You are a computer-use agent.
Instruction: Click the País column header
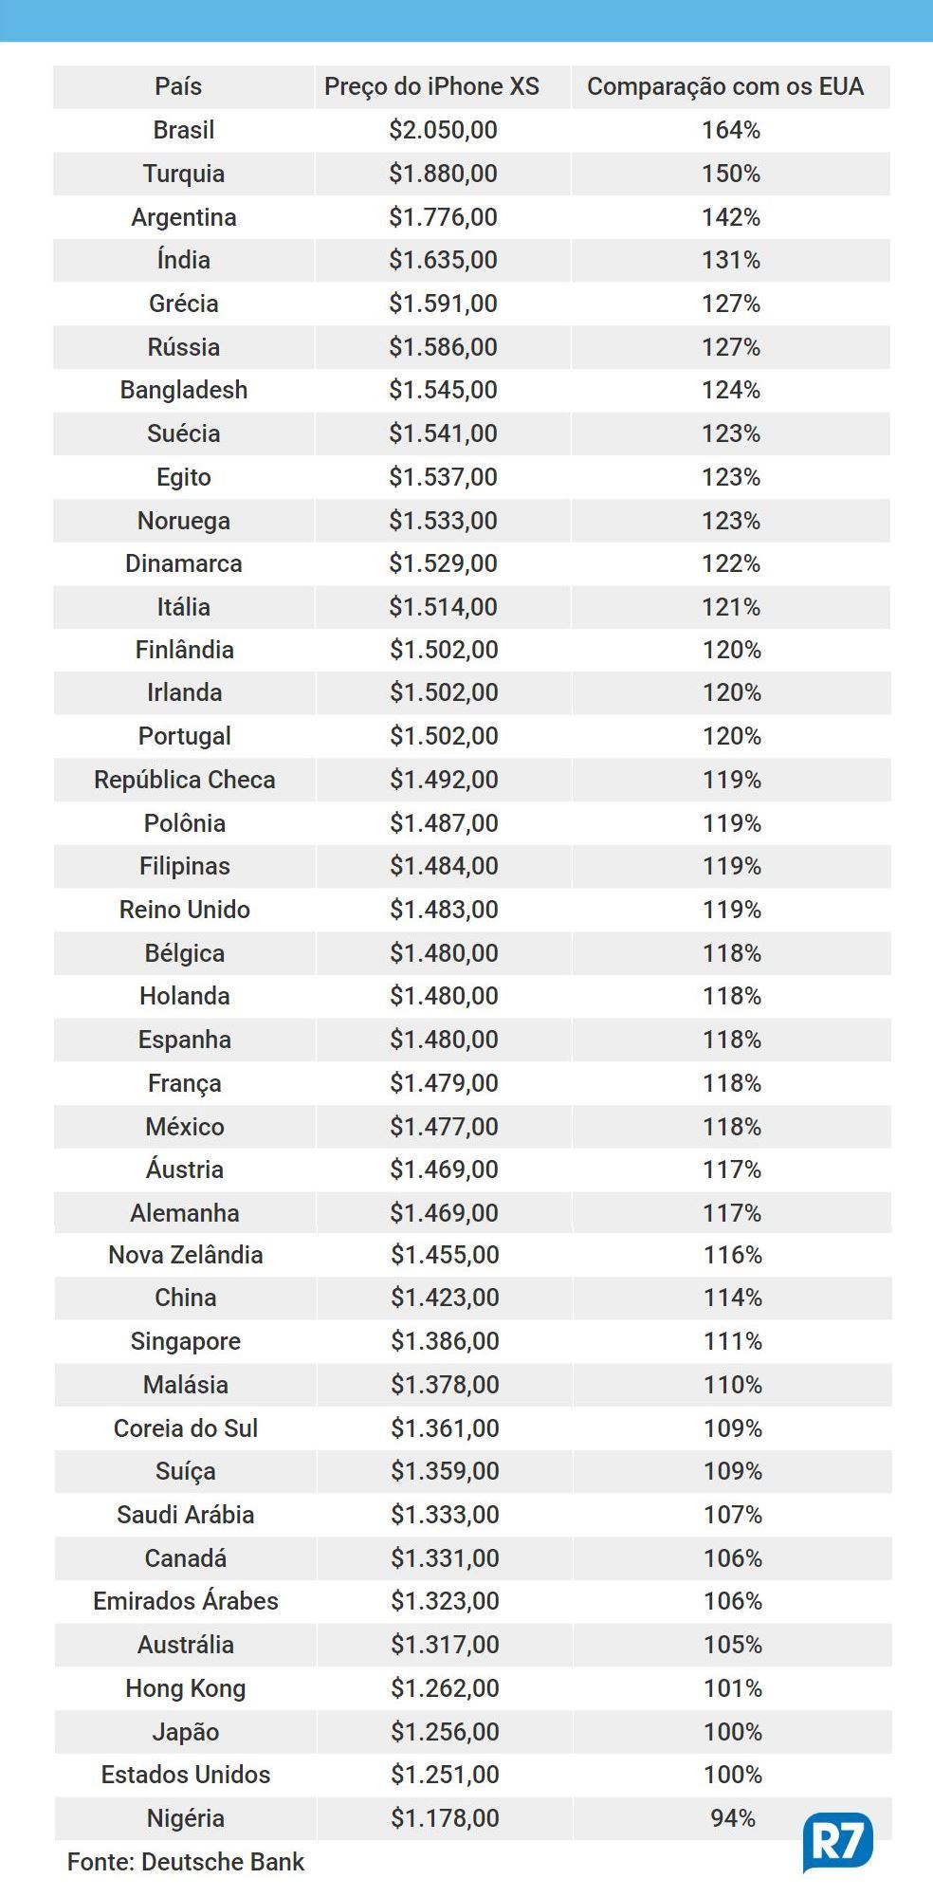pyautogui.click(x=178, y=86)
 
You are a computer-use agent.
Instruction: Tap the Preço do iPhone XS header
pyautogui.click(x=431, y=86)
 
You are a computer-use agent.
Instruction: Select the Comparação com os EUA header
pyautogui.click(x=725, y=86)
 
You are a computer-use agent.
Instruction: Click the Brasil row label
pyautogui.click(x=184, y=130)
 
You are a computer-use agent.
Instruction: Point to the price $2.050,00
pyautogui.click(x=443, y=130)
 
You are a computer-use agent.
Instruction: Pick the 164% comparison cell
pyautogui.click(x=731, y=130)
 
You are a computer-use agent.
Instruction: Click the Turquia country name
pyautogui.click(x=184, y=174)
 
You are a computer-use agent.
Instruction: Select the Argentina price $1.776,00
pyautogui.click(x=443, y=217)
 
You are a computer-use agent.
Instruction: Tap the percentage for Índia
pyautogui.click(x=731, y=260)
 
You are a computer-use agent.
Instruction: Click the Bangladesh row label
pyautogui.click(x=184, y=390)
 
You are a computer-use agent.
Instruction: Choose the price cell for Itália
pyautogui.click(x=443, y=607)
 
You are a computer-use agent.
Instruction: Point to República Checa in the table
pyautogui.click(x=185, y=780)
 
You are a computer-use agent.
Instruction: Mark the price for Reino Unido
pyautogui.click(x=444, y=910)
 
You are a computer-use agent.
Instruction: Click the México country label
pyautogui.click(x=185, y=1127)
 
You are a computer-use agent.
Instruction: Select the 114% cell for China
pyautogui.click(x=732, y=1298)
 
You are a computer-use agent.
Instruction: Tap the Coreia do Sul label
pyautogui.click(x=186, y=1428)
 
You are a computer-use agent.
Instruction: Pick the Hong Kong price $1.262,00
pyautogui.click(x=445, y=1688)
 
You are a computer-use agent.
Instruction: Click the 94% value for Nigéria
pyautogui.click(x=733, y=1818)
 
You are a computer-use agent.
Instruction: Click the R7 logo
pyautogui.click(x=837, y=1843)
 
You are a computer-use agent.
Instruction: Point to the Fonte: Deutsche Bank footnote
pyautogui.click(x=186, y=1862)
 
